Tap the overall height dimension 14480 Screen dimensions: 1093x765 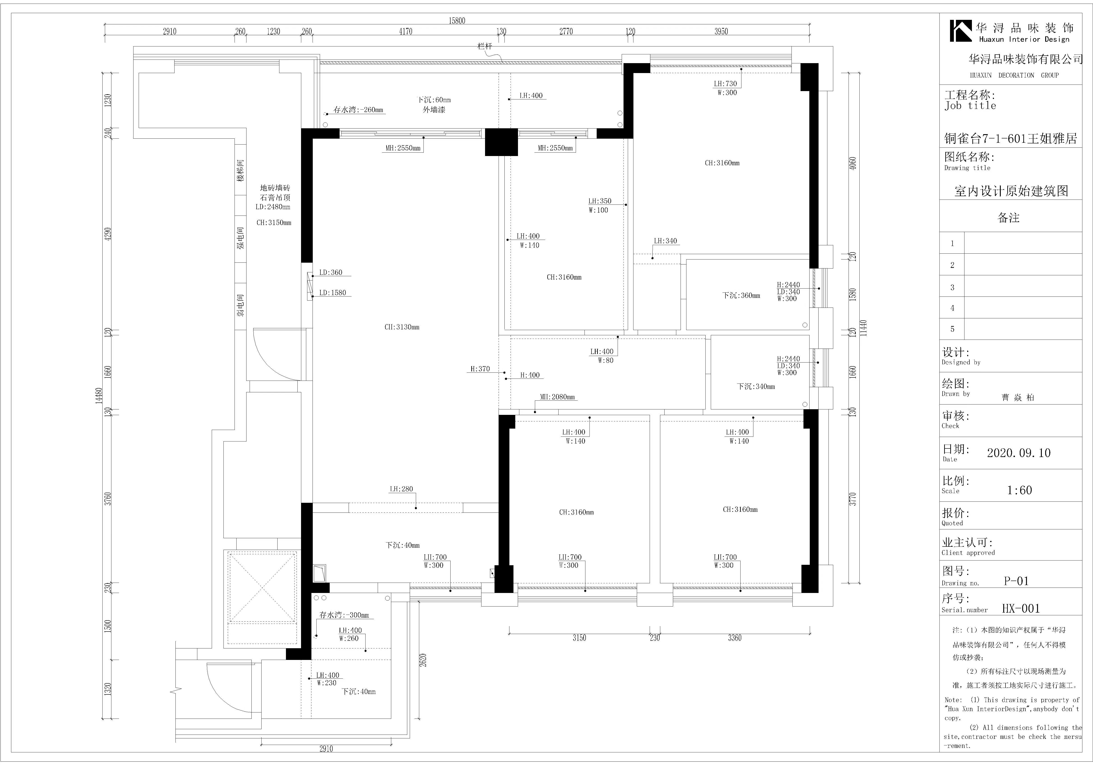coord(99,396)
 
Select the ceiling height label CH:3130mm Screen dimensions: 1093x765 coord(402,327)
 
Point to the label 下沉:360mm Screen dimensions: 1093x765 coord(741,295)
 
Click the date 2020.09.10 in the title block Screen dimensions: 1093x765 coord(1018,453)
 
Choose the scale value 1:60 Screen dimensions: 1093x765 coord(1019,490)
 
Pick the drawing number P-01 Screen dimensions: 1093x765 coord(1016,581)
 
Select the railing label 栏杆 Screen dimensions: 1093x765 coord(485,46)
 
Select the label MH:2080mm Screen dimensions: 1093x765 coord(557,397)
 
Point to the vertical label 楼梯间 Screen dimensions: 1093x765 coord(241,170)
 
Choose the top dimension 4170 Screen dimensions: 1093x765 coord(406,31)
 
